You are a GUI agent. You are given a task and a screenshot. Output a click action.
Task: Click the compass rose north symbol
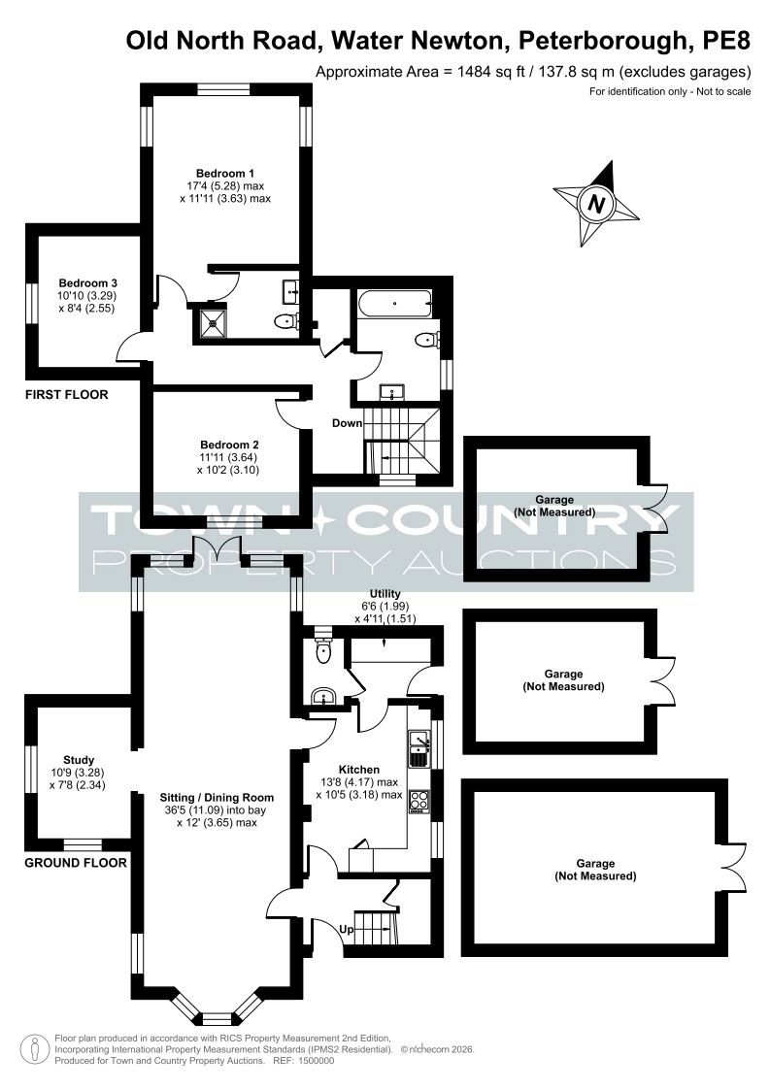[596, 204]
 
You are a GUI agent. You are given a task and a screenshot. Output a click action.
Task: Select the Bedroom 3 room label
[87, 283]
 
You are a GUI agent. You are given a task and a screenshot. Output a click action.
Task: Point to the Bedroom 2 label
[229, 445]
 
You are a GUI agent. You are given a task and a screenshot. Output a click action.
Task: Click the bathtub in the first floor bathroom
[395, 304]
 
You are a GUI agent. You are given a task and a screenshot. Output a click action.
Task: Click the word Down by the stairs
[347, 423]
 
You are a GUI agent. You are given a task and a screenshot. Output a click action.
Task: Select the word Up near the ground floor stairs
[346, 929]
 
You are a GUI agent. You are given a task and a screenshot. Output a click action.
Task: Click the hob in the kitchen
[419, 801]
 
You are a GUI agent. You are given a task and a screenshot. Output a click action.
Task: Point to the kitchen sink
[419, 748]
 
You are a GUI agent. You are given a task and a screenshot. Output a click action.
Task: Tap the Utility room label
[385, 594]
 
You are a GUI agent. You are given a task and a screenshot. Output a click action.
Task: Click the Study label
[79, 761]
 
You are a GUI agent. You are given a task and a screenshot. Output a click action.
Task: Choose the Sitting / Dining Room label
[217, 798]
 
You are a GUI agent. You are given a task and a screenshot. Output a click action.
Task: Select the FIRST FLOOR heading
[67, 394]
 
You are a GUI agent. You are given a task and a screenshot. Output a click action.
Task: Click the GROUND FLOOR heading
[76, 863]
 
